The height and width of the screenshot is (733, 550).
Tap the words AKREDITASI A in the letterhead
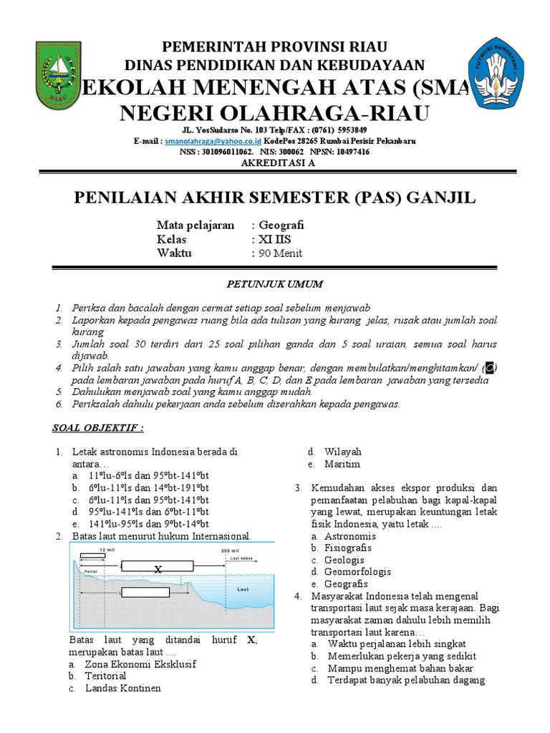[x=275, y=162]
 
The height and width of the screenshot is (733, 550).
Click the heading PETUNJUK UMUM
[x=275, y=284]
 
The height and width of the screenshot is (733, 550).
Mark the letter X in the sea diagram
[x=158, y=569]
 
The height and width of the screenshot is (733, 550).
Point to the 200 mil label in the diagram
[x=230, y=550]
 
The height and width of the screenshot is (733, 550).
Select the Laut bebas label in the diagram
[x=243, y=556]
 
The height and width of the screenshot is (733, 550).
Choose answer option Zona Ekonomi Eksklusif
[x=130, y=664]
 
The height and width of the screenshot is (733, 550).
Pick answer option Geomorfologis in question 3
[x=357, y=572]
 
